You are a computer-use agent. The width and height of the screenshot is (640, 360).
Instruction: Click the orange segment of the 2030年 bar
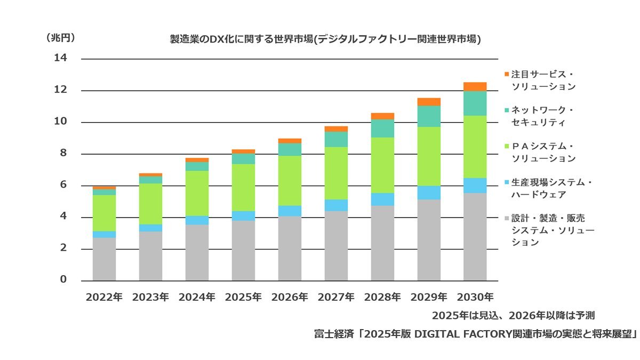pyautogui.click(x=475, y=86)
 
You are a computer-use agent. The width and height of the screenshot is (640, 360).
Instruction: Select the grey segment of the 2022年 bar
pyautogui.click(x=104, y=259)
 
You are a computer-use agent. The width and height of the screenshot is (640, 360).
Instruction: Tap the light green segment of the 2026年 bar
pyautogui.click(x=290, y=181)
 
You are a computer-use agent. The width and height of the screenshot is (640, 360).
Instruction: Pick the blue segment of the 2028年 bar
pyautogui.click(x=382, y=199)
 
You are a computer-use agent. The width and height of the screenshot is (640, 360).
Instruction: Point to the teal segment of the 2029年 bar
pyautogui.click(x=429, y=116)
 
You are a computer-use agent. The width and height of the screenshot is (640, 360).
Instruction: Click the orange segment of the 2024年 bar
pyautogui.click(x=197, y=160)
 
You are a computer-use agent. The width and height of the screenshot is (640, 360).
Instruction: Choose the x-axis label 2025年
pyautogui.click(x=243, y=297)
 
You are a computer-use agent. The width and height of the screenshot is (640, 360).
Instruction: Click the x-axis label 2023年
pyautogui.click(x=150, y=297)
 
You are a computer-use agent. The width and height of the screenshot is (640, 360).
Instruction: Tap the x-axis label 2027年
pyautogui.click(x=336, y=297)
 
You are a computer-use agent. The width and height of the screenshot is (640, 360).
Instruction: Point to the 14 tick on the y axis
pyautogui.click(x=61, y=58)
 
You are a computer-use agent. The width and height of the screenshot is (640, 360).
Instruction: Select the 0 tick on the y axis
pyautogui.click(x=63, y=280)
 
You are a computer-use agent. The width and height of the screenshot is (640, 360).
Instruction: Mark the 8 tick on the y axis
pyautogui.click(x=63, y=154)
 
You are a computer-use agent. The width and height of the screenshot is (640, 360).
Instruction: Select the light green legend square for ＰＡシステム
pyautogui.click(x=506, y=146)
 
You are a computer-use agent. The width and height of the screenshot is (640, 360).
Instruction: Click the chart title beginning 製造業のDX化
pyautogui.click(x=325, y=39)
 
